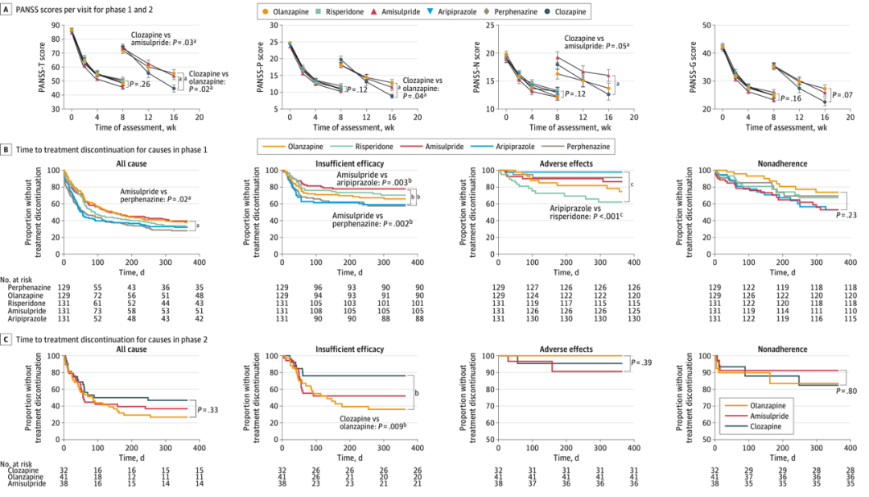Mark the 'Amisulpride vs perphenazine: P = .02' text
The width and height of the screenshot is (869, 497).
154,194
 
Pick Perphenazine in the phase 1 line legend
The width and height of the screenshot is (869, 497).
586,147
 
